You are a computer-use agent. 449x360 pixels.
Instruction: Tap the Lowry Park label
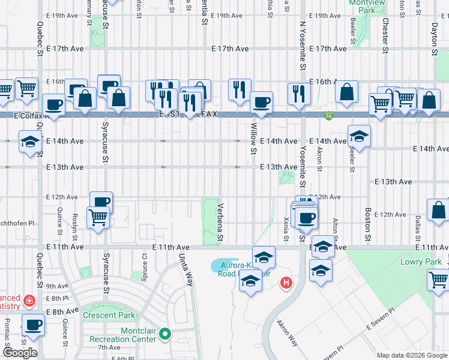[x=420, y=262]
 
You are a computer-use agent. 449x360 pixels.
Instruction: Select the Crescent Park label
[x=109, y=315]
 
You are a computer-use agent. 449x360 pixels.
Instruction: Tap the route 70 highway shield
[x=328, y=115]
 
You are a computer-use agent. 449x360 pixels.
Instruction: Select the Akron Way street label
[x=287, y=333]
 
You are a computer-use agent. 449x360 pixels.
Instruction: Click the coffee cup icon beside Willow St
[x=261, y=103]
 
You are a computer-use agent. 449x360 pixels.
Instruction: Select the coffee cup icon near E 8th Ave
[x=33, y=325]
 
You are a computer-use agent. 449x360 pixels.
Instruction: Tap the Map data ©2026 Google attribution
[x=412, y=355]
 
